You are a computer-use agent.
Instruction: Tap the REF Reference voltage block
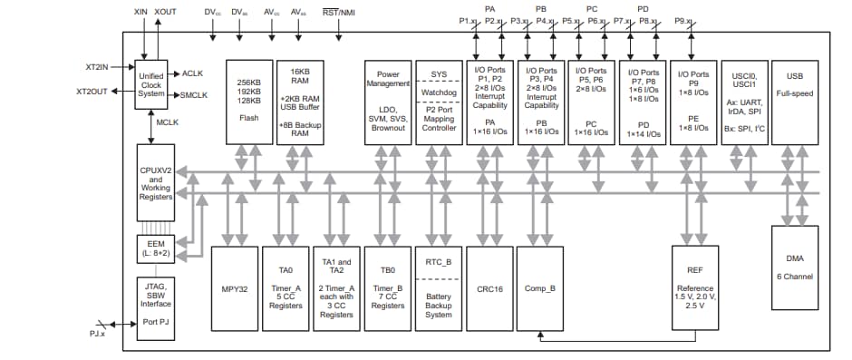(x=696, y=287)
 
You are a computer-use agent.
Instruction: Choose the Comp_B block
(x=538, y=287)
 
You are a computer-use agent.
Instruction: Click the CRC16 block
(x=489, y=287)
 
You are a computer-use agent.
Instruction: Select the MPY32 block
(x=236, y=287)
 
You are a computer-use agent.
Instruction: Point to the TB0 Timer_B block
(x=388, y=287)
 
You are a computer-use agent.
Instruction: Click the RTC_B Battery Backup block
(x=439, y=287)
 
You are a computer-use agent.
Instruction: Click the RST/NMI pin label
(x=341, y=12)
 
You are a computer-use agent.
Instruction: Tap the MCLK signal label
(x=168, y=121)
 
